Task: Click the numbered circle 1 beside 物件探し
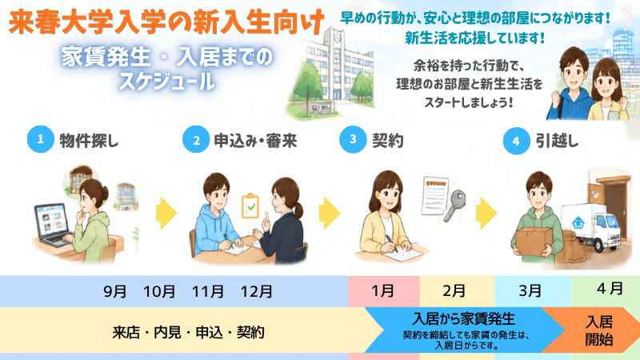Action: click(x=41, y=139)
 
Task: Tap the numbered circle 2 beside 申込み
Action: click(x=196, y=139)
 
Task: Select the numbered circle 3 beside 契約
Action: click(x=353, y=139)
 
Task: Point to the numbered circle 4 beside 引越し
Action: click(x=516, y=141)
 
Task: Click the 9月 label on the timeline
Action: click(x=114, y=292)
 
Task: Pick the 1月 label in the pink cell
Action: click(x=382, y=291)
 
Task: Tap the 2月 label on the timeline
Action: click(x=454, y=291)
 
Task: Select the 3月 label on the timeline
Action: click(x=530, y=291)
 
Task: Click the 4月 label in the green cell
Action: click(x=610, y=289)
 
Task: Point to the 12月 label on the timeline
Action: click(x=256, y=292)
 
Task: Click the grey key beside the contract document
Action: click(x=454, y=205)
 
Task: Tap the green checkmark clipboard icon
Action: click(x=250, y=206)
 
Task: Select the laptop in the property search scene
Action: click(x=52, y=226)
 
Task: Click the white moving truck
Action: click(x=591, y=227)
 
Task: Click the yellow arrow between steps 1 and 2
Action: click(x=166, y=213)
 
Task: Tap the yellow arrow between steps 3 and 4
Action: click(x=486, y=213)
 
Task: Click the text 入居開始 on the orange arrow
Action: click(x=599, y=330)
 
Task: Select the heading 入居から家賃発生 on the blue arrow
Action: click(x=464, y=318)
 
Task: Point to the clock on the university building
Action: click(x=338, y=38)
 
